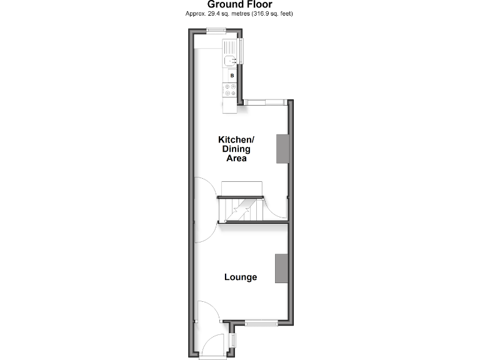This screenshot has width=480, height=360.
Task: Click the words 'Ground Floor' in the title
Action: click(x=240, y=4)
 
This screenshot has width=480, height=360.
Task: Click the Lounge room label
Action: click(x=241, y=277)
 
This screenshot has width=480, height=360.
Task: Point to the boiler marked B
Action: click(x=231, y=76)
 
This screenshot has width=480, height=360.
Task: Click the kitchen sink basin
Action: click(x=229, y=61)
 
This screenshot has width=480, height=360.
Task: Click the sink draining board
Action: click(x=230, y=47)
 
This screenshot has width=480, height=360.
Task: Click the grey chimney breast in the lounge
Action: click(x=282, y=268)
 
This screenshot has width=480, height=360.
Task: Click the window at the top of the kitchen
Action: click(x=217, y=31)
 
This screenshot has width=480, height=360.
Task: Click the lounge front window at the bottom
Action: click(x=261, y=322)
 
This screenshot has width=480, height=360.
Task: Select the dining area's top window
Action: click(x=265, y=101)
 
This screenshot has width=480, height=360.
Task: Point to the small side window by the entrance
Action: click(x=232, y=341)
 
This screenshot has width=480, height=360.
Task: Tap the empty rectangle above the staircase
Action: click(x=243, y=188)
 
